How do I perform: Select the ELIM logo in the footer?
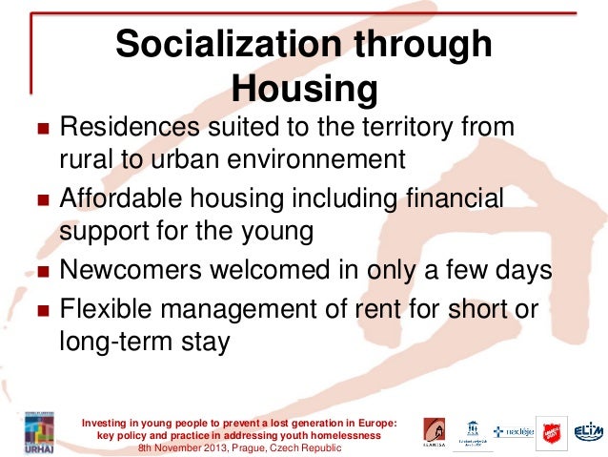coord(587,432)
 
